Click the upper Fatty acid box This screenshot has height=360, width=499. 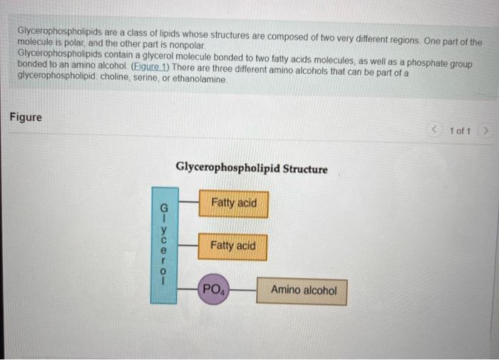tap(233, 204)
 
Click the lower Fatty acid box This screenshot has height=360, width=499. tap(233, 246)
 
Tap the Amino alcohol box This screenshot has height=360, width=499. tap(302, 291)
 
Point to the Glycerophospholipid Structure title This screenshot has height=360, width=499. tap(252, 169)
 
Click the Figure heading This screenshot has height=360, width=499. tap(26, 117)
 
